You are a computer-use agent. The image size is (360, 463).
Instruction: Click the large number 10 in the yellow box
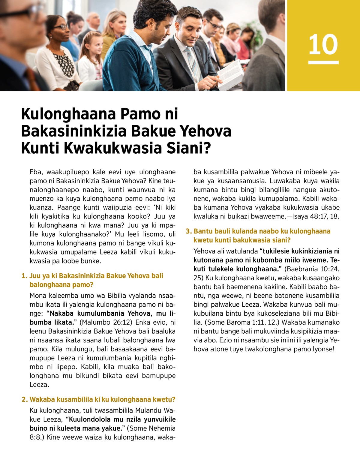[x=323, y=44]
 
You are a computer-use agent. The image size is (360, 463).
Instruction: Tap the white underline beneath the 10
[x=323, y=62]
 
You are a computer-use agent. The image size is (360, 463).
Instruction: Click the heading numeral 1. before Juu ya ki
[x=24, y=276]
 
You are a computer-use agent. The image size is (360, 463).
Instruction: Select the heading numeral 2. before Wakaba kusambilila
[x=25, y=399]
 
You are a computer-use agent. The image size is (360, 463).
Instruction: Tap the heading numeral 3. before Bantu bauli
[x=188, y=231]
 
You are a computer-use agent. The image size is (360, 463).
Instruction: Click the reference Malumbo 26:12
[x=106, y=323]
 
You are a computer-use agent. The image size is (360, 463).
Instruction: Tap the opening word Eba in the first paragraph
[x=36, y=172]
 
